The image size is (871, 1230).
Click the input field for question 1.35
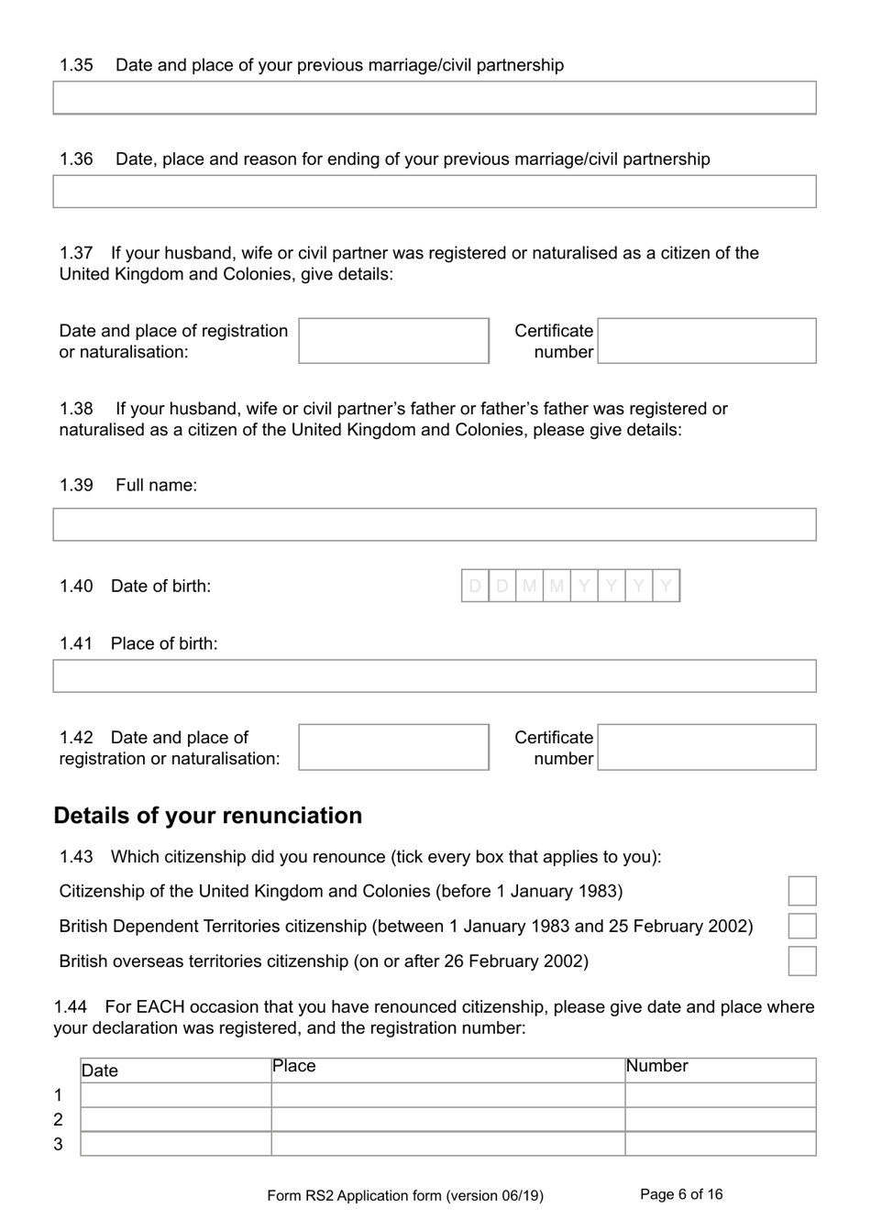tap(434, 98)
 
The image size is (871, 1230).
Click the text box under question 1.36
tap(434, 192)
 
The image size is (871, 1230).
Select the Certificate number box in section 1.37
tap(706, 341)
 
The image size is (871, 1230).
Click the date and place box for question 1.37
tap(393, 341)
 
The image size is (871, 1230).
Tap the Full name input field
tap(434, 525)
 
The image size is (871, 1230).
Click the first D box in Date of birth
tap(475, 586)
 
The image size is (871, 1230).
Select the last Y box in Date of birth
tap(667, 586)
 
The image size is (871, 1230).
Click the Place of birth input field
tap(434, 676)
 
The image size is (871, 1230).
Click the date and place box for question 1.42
tap(393, 747)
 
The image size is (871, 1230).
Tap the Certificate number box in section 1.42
tap(706, 747)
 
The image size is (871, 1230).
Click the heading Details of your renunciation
tap(208, 816)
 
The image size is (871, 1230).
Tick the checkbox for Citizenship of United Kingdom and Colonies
tap(802, 891)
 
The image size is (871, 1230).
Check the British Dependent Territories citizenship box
tap(802, 926)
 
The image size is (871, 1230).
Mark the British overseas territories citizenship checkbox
tap(802, 961)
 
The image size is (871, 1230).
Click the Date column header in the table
tap(175, 1071)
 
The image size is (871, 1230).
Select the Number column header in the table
tap(720, 1070)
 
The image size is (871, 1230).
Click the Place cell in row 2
tap(447, 1119)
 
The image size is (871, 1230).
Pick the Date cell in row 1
tap(175, 1095)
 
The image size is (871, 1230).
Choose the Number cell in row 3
tap(720, 1144)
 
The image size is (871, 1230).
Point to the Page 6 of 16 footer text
tap(681, 1194)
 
